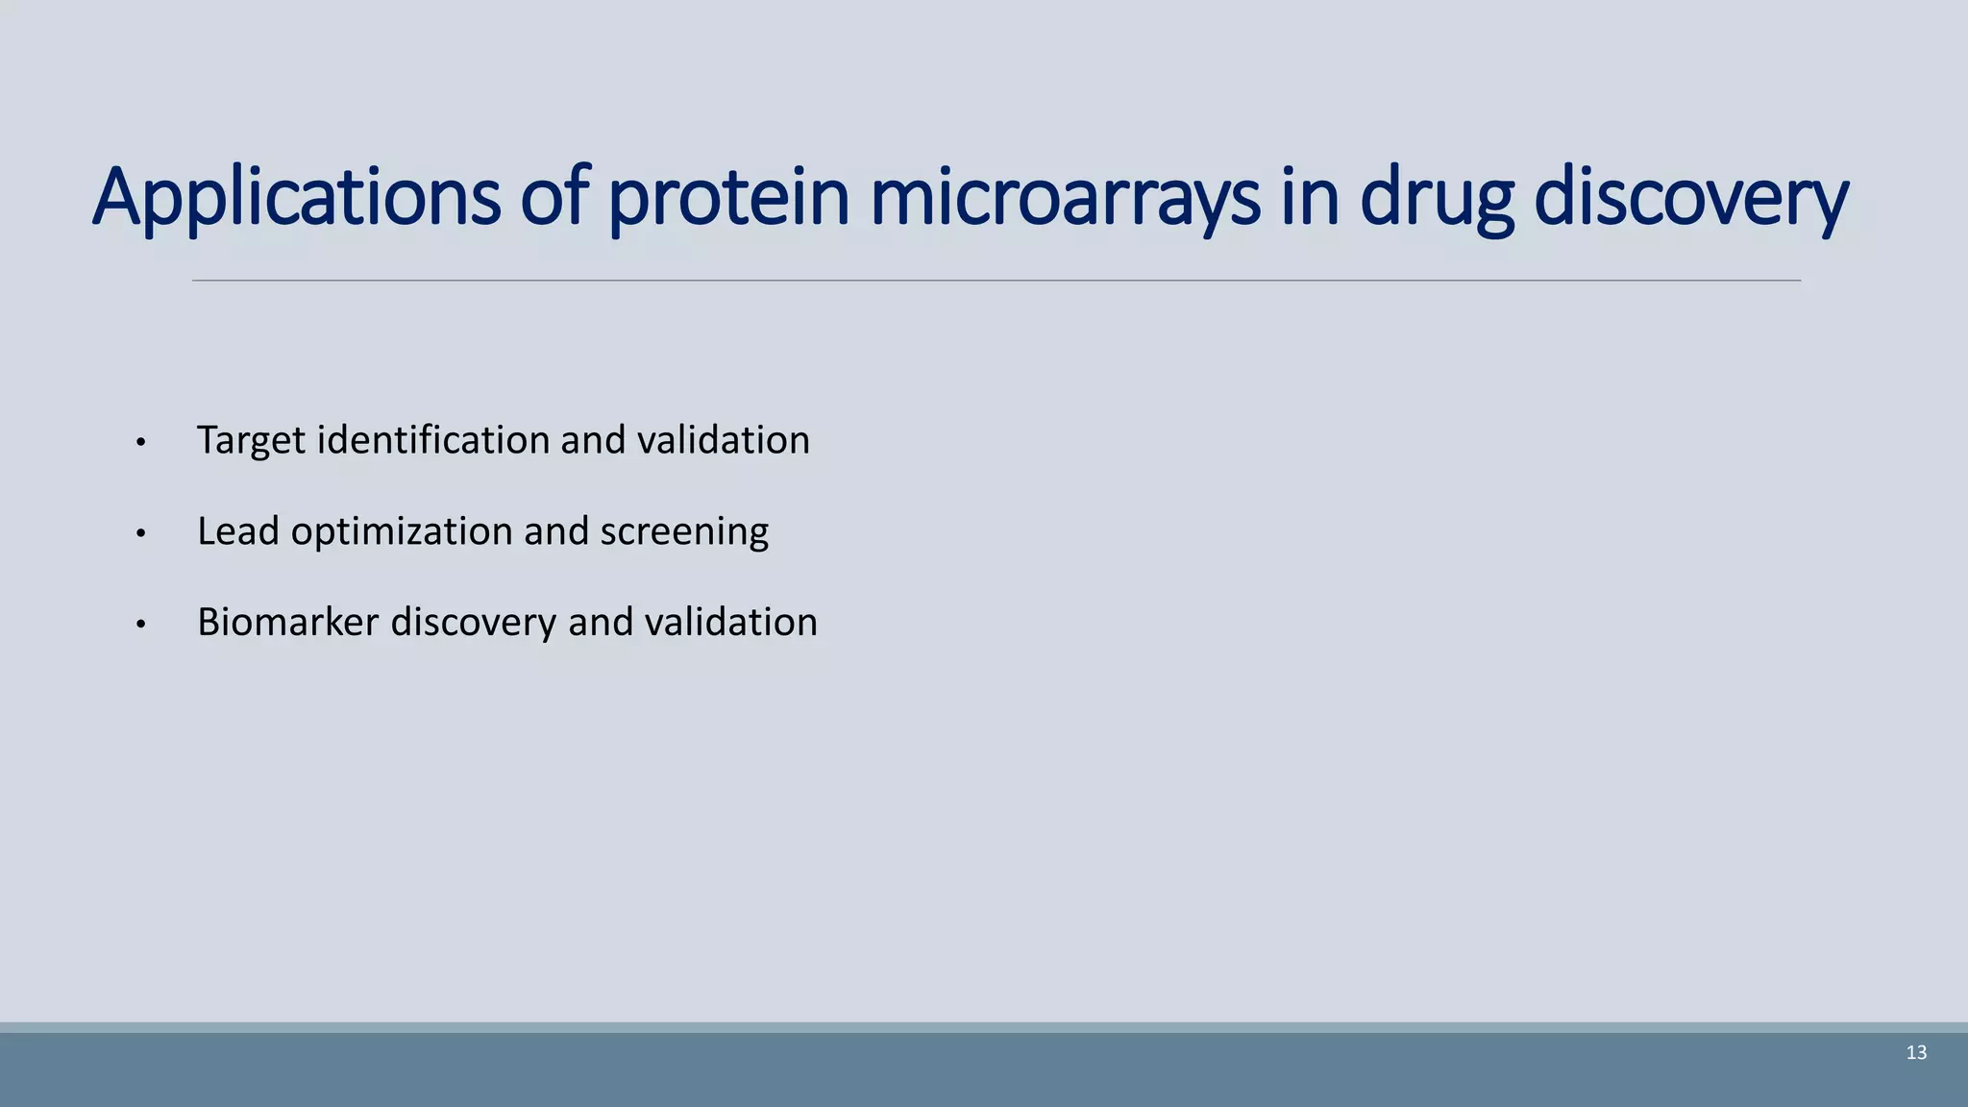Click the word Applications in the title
tap(296, 198)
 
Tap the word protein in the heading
tap(729, 198)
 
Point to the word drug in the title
tap(1437, 198)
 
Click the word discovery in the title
tap(1690, 198)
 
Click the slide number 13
tap(1916, 1053)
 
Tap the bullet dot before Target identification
tap(140, 443)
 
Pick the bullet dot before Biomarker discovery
tap(140, 625)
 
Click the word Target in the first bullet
tap(251, 441)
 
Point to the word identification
tap(433, 440)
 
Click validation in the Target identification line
tap(724, 440)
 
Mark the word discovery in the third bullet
tap(473, 623)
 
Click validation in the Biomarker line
tap(730, 623)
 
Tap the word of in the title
tap(553, 198)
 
